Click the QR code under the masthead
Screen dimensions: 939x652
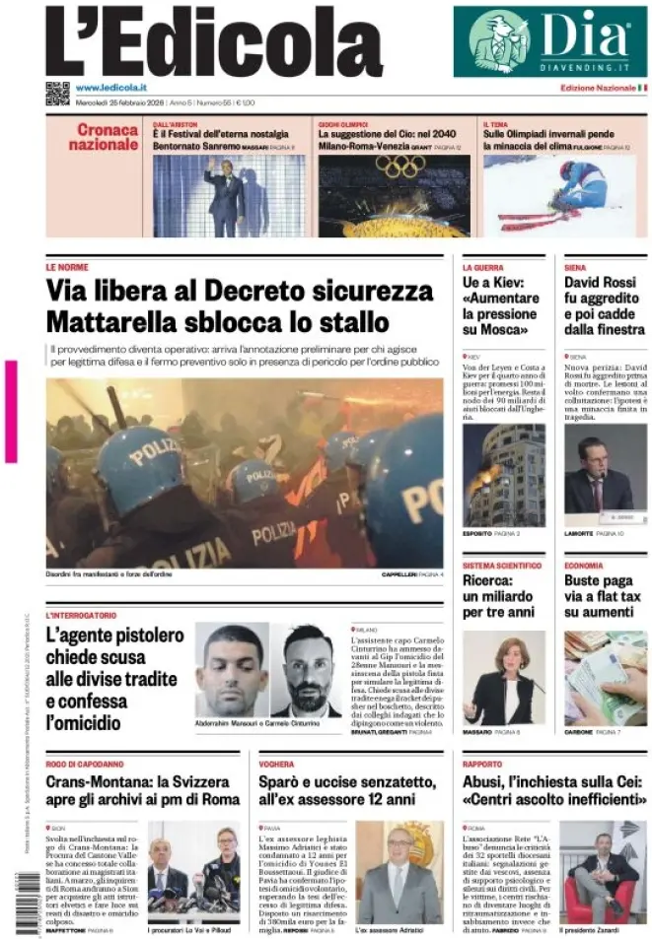coord(57,94)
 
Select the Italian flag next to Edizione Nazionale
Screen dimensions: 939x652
coord(643,89)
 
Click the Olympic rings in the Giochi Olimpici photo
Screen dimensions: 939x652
coord(399,167)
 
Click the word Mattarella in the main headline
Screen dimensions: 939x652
coord(119,321)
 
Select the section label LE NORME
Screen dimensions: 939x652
coord(67,267)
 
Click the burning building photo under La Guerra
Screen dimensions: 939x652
coord(503,475)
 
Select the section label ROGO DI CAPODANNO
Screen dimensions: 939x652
coord(85,764)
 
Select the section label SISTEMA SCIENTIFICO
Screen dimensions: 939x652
coord(502,566)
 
